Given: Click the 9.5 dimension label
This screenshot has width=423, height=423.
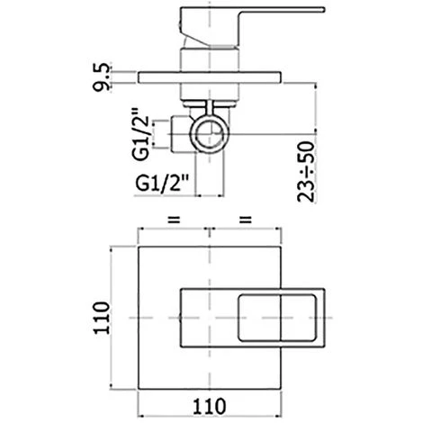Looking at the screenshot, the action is [x=101, y=77].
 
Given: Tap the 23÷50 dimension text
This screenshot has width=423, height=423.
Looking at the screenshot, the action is [x=306, y=171].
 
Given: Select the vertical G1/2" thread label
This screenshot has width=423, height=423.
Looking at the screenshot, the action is [x=140, y=133].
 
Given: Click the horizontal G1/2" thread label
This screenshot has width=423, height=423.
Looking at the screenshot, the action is [x=162, y=183].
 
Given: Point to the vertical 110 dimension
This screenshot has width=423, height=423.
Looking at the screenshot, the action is [x=101, y=318].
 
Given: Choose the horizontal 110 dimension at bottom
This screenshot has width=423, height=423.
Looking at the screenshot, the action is [x=209, y=407].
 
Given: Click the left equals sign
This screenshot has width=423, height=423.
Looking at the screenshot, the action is [x=174, y=220].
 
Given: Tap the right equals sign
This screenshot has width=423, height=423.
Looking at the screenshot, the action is [x=246, y=220].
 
